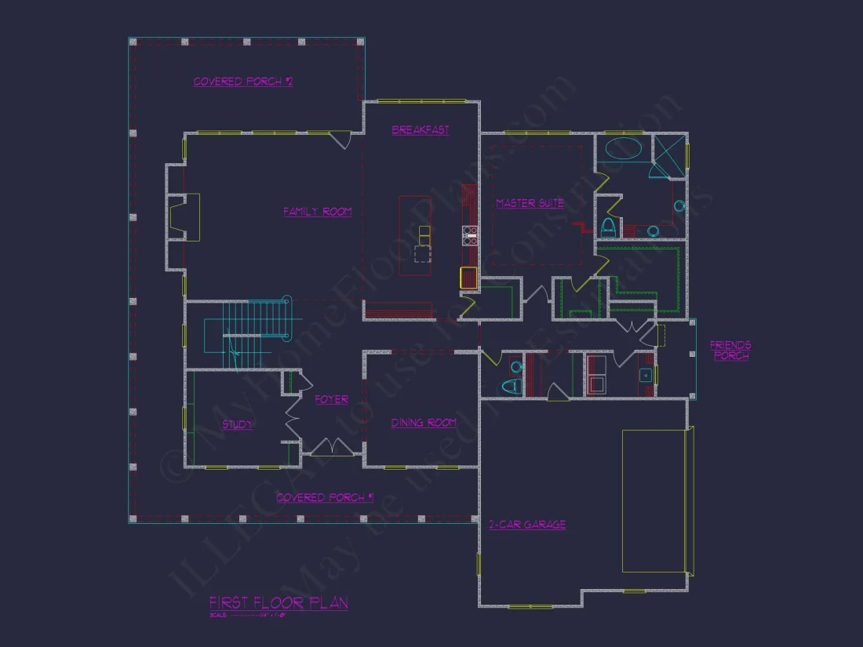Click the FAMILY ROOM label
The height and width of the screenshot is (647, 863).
(317, 212)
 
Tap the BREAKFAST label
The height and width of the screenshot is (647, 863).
(421, 130)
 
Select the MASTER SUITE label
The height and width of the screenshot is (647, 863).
(530, 204)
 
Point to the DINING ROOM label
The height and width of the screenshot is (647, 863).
(424, 423)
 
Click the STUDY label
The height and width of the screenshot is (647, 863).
(237, 425)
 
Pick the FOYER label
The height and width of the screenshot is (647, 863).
(331, 400)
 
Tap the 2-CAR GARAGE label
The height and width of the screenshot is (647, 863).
(526, 525)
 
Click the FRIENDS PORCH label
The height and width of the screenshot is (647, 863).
(730, 351)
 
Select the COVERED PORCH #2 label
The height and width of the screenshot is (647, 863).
(243, 82)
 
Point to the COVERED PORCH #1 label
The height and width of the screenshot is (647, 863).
(325, 497)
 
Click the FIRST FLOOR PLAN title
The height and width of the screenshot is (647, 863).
(279, 603)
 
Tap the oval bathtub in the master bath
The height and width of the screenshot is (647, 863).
(621, 148)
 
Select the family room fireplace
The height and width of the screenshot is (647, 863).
(185, 216)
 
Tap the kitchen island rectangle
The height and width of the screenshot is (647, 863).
(415, 235)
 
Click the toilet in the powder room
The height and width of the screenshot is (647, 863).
(512, 384)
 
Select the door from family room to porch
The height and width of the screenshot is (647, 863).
(340, 139)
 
